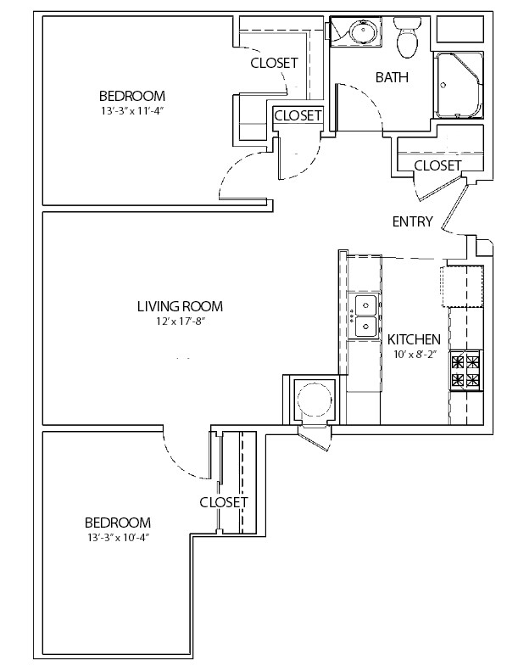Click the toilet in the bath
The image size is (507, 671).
click(408, 37)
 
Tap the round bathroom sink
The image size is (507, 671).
click(363, 31)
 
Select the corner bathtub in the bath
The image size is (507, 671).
click(460, 86)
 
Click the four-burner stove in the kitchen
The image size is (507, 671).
click(466, 370)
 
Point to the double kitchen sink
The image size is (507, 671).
click(364, 316)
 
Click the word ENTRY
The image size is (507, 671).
click(412, 221)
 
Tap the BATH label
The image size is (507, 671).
click(392, 77)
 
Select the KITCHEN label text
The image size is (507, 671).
click(414, 340)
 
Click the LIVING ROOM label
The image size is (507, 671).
click(180, 306)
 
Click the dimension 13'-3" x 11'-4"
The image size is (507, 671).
click(132, 110)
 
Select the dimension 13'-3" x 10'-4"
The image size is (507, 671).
click(118, 538)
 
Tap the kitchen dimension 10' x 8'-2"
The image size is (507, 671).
click(414, 355)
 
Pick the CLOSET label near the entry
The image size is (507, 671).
click(437, 165)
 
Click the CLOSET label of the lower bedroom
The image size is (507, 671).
click(224, 502)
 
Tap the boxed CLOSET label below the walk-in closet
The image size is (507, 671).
click(298, 115)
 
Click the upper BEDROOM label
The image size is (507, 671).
click(132, 95)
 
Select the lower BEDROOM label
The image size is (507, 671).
click(118, 523)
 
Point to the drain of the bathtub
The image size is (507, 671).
click(443, 85)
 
